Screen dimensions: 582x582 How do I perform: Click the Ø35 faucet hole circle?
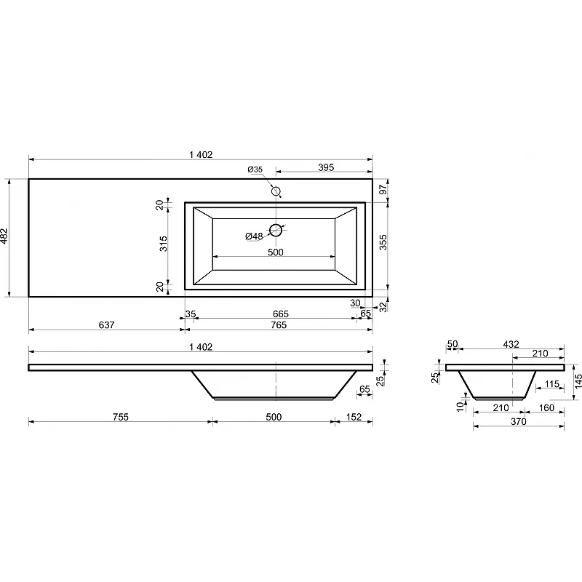click(x=276, y=187)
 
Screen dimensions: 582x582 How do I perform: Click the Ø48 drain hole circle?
click(x=276, y=225)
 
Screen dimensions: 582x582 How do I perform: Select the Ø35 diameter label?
click(x=255, y=170)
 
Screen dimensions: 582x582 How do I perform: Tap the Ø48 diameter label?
click(x=254, y=236)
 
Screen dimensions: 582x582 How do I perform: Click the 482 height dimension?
click(x=4, y=236)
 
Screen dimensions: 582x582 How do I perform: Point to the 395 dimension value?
click(x=326, y=167)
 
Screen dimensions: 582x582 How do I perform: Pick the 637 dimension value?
click(x=106, y=324)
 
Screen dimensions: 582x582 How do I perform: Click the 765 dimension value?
click(x=279, y=324)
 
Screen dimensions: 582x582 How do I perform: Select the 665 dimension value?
click(x=281, y=314)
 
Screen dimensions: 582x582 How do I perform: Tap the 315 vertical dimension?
click(x=163, y=244)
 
